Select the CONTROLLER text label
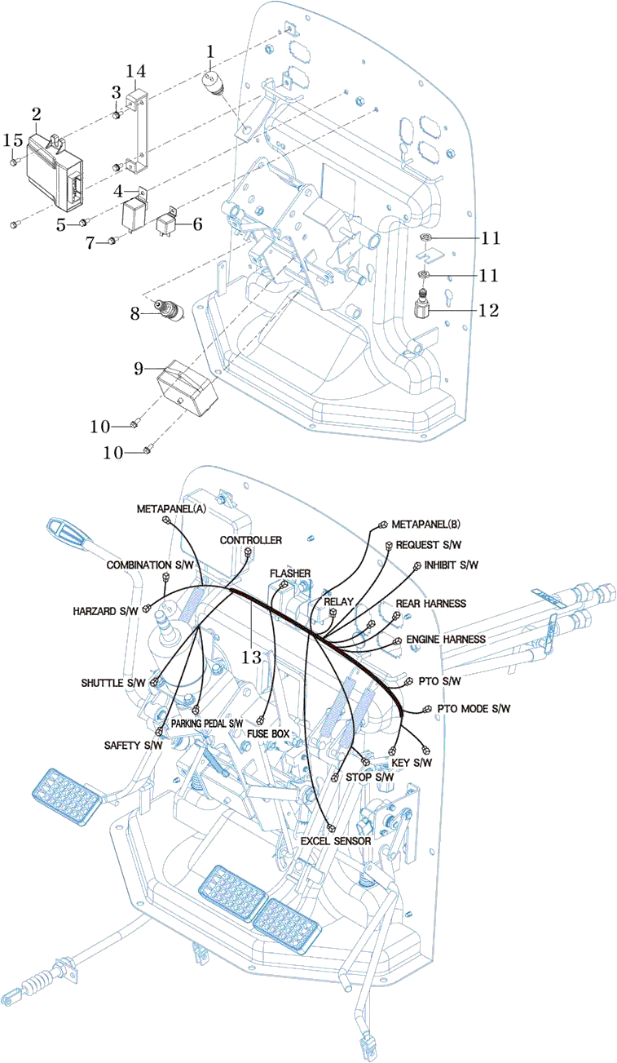pos(251,541)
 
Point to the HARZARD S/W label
pos(105,610)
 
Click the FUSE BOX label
pos(268,733)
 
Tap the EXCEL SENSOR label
pos(336,840)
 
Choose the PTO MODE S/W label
pos(474,708)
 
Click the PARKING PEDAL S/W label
pos(207,723)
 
